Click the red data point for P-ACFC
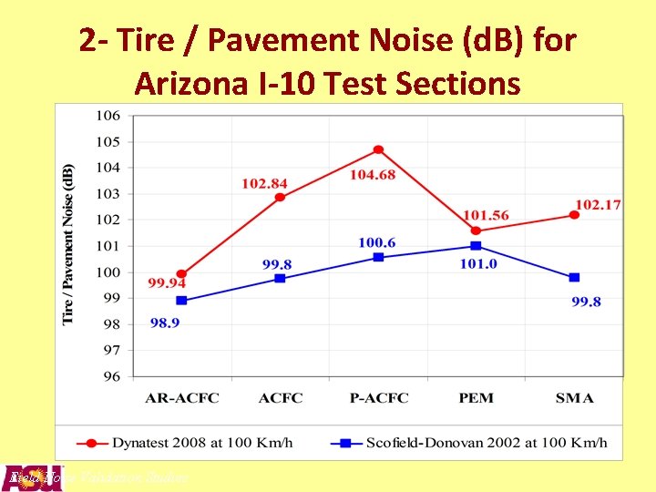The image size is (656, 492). [378, 149]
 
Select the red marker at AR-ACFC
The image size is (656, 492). [181, 273]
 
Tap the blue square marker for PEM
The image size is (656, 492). [476, 246]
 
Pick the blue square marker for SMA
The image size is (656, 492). [574, 277]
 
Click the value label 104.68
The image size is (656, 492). [373, 174]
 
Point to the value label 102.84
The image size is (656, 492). [263, 184]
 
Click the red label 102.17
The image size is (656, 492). [598, 205]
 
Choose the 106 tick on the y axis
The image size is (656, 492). [108, 116]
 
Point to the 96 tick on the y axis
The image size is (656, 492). [111, 375]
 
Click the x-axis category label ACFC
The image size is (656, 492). [280, 398]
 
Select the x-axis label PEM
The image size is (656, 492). [476, 398]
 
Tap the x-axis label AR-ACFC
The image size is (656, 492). [182, 398]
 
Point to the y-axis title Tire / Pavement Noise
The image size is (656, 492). [68, 243]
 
